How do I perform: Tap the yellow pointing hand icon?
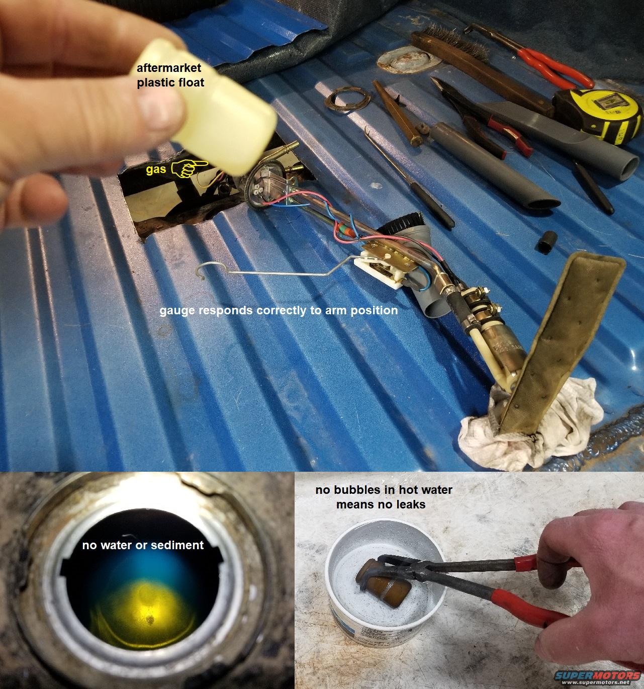tap(189, 168)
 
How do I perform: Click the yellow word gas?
tap(156, 170)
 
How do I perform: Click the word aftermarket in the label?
tap(168, 68)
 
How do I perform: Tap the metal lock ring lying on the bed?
tap(347, 99)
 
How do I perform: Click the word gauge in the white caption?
tap(177, 311)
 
